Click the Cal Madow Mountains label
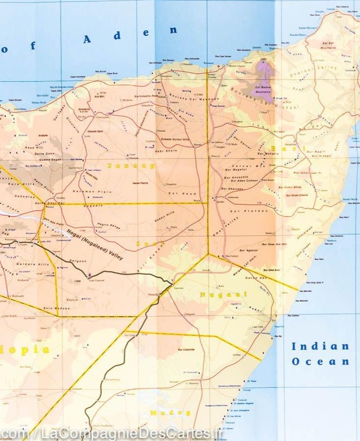(265, 89)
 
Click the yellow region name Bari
(282, 148)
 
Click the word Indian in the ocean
(320, 347)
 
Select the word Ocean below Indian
(320, 362)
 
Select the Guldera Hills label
(31, 265)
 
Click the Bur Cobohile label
(186, 349)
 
